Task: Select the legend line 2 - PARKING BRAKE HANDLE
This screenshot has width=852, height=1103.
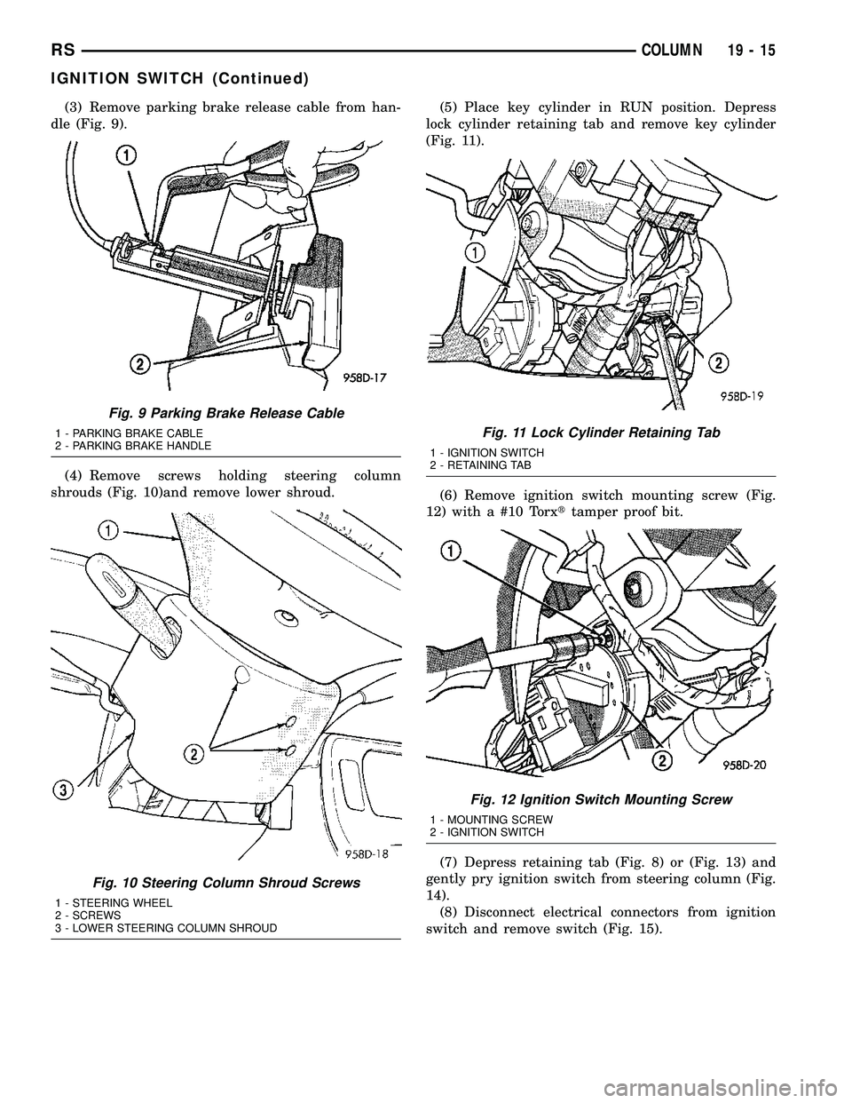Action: click(x=132, y=444)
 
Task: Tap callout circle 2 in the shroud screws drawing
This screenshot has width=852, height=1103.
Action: click(x=190, y=754)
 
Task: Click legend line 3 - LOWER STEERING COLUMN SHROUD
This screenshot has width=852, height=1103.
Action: click(x=166, y=927)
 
